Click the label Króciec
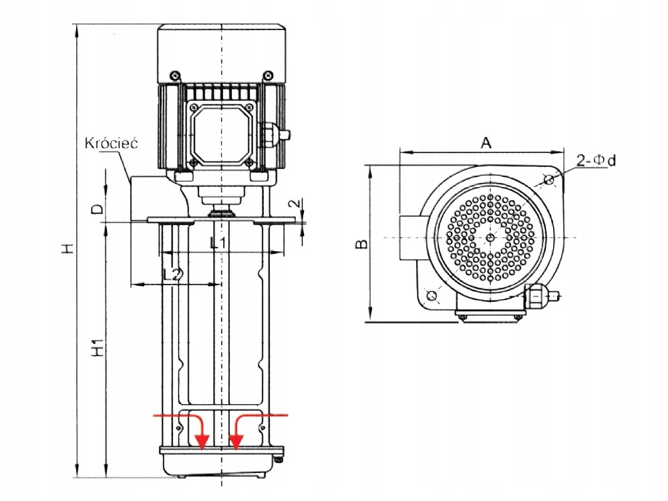(112, 143)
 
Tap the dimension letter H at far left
(68, 248)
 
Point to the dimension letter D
(98, 208)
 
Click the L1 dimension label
(218, 243)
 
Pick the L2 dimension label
(172, 275)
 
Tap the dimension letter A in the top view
(486, 143)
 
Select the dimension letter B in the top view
(361, 244)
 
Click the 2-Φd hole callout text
(596, 160)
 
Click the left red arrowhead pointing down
(202, 442)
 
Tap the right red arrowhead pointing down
(236, 442)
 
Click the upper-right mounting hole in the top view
(550, 180)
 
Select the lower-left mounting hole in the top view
(432, 295)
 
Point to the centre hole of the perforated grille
(491, 237)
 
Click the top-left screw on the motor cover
(175, 76)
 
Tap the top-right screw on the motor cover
(268, 76)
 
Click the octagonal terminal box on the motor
(221, 134)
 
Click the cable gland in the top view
(542, 295)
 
